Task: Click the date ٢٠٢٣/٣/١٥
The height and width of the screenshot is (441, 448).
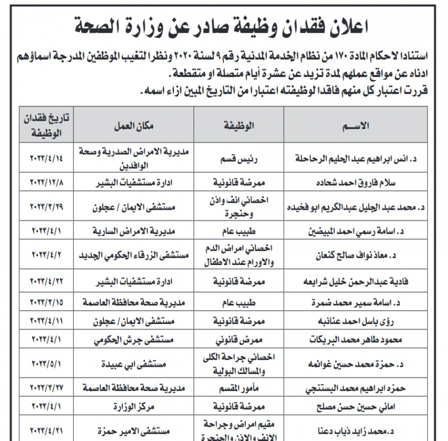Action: click(45, 303)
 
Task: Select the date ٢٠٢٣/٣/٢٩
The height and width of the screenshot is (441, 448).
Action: click(45, 206)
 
